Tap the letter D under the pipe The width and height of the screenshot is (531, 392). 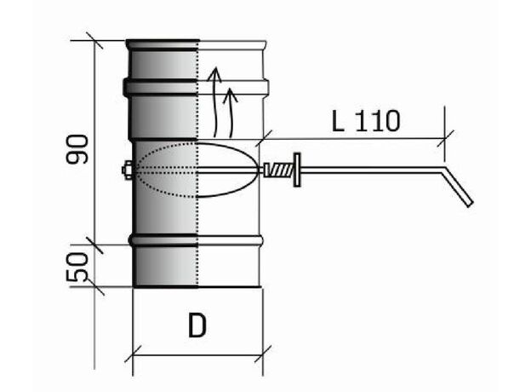click(197, 326)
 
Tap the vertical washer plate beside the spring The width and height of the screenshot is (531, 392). click(297, 170)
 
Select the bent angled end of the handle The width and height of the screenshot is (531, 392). click(457, 187)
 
